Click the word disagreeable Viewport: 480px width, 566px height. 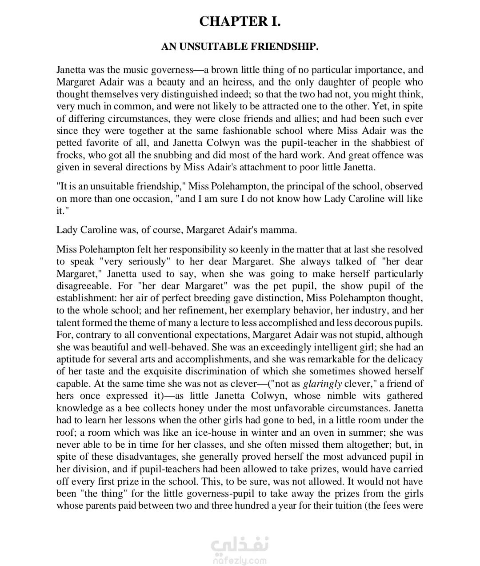point(84,286)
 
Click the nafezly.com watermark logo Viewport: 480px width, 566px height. point(240,552)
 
